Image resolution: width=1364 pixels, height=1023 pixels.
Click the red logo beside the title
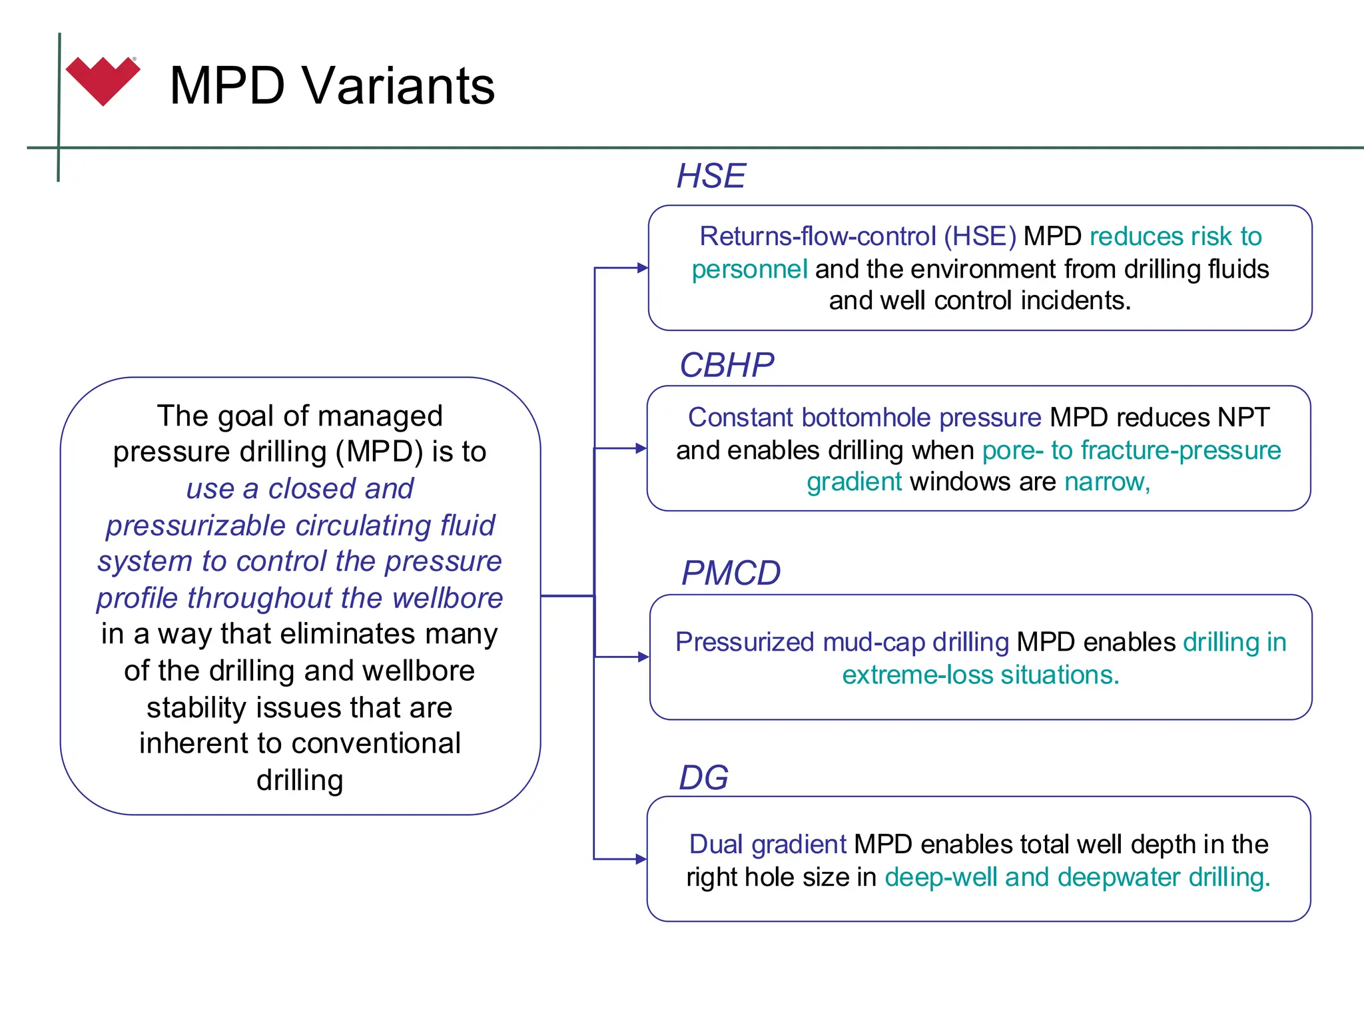point(103,81)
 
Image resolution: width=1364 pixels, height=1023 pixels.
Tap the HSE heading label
point(711,176)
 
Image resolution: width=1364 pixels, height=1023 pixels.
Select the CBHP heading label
point(727,366)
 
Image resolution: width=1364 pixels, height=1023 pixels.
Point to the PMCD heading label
point(731,573)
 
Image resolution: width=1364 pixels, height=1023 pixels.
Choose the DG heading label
point(703,778)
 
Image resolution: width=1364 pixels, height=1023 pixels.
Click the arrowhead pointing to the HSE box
point(642,268)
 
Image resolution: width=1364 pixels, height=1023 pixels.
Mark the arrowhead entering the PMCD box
point(643,657)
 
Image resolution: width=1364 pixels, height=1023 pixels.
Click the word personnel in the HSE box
point(749,270)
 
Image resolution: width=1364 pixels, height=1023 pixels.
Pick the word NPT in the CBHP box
point(1243,418)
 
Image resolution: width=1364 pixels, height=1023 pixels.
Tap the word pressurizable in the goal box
point(196,525)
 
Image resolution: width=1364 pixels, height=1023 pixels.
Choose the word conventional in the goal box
point(378,743)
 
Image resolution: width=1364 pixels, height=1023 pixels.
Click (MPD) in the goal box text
point(380,452)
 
